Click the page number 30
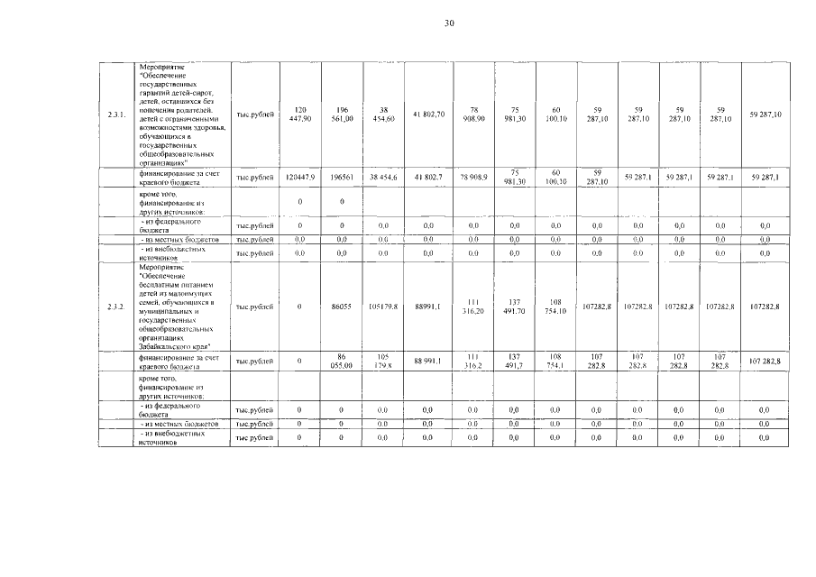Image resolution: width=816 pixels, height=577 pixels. (x=449, y=23)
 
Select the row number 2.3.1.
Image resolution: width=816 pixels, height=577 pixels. (x=115, y=115)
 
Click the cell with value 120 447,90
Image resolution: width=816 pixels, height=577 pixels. (x=300, y=115)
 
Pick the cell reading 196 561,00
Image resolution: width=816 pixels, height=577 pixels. (x=342, y=115)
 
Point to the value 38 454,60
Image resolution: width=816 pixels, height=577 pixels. (x=383, y=115)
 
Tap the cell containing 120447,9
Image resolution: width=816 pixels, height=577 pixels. (x=300, y=178)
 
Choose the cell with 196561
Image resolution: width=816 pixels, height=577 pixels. (x=342, y=178)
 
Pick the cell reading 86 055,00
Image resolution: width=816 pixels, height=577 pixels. (x=342, y=362)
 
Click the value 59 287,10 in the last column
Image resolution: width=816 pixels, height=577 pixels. (x=765, y=115)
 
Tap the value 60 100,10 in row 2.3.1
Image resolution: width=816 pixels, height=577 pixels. (x=555, y=115)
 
